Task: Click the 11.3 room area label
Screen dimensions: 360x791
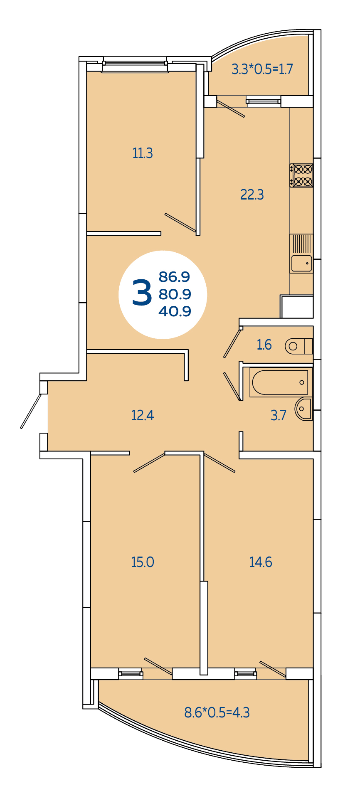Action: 143,153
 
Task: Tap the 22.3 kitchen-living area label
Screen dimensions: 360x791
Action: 252,195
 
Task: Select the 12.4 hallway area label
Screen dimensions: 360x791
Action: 143,415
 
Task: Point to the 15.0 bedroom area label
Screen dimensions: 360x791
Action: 143,562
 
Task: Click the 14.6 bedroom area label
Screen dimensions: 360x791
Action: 261,562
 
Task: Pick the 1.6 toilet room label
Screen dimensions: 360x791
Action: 264,345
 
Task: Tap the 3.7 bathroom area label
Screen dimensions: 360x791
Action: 279,415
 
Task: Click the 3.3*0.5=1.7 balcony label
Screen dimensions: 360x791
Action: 262,69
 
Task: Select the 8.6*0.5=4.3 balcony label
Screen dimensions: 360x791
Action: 217,712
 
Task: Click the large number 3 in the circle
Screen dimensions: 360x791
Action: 142,293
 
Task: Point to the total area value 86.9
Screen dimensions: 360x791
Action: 175,277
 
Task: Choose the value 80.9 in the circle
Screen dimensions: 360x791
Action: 175,294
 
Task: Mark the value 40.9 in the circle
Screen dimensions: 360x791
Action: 175,311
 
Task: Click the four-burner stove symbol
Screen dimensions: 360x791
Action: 301,175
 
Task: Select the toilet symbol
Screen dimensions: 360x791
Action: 298,346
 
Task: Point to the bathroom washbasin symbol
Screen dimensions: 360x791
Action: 304,409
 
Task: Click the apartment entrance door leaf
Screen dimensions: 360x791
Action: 31,411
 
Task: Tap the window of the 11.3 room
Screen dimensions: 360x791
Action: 135,66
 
